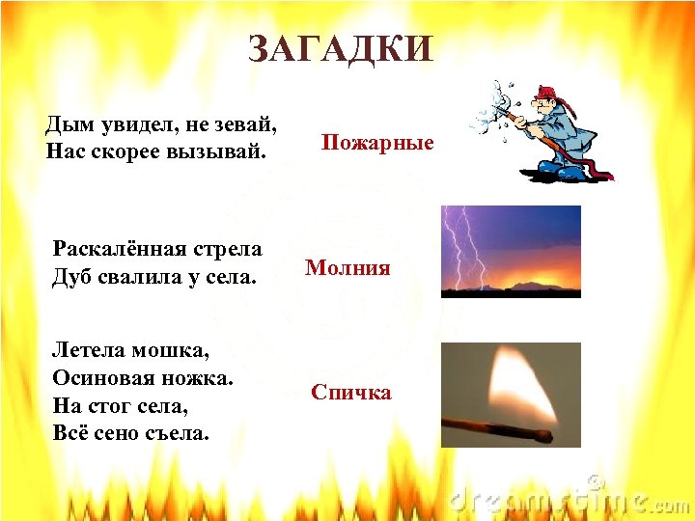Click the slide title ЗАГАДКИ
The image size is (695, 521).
(x=341, y=49)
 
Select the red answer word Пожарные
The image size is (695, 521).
(x=377, y=143)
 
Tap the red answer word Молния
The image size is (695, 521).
(x=347, y=268)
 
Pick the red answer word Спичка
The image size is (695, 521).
(x=351, y=393)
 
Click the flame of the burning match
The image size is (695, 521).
(x=521, y=386)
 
